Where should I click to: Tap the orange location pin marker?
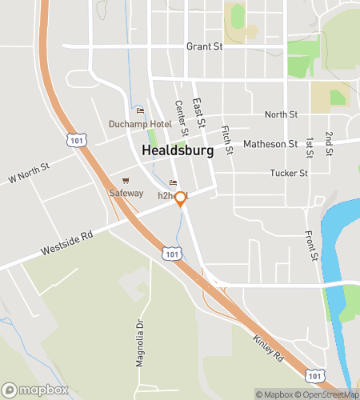tap(181, 198)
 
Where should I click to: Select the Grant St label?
tap(204, 46)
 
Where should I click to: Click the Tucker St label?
tap(288, 173)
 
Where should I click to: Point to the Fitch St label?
tap(226, 140)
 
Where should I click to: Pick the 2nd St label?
tap(329, 142)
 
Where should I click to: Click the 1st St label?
tap(309, 146)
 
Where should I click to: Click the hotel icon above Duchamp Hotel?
tap(140, 111)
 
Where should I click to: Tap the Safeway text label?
tap(126, 193)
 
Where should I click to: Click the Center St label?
tap(181, 118)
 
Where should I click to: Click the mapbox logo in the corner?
tap(34, 390)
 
